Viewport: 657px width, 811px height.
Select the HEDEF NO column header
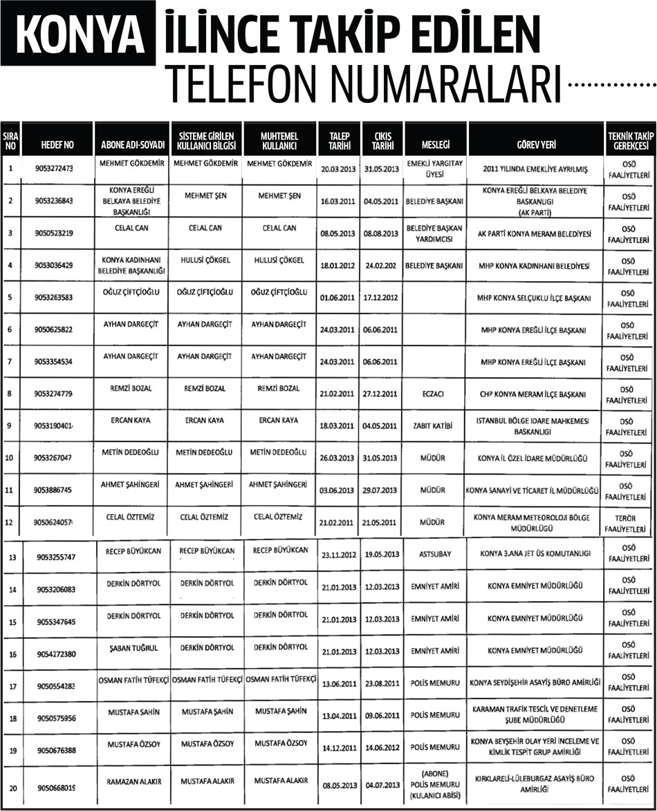(57, 145)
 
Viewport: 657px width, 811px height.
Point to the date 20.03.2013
(340, 169)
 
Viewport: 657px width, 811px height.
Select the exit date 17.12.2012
(381, 298)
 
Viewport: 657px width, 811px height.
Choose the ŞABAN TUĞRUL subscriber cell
(131, 647)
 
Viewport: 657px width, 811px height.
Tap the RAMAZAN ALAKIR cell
(131, 781)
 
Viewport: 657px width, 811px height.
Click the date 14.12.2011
(340, 747)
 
